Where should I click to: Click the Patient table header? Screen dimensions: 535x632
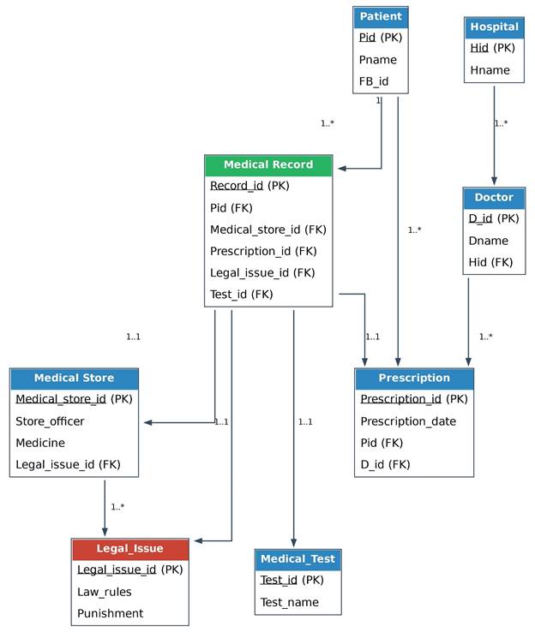pyautogui.click(x=381, y=17)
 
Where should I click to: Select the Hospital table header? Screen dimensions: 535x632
pyautogui.click(x=494, y=27)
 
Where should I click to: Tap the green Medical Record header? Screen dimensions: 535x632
pyautogui.click(x=268, y=165)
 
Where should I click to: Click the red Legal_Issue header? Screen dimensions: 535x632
pyautogui.click(x=130, y=549)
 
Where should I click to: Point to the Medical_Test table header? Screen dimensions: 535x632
pyautogui.click(x=298, y=559)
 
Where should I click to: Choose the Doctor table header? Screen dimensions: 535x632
pyautogui.click(x=494, y=198)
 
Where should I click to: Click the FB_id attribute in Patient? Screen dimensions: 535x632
pyautogui.click(x=374, y=81)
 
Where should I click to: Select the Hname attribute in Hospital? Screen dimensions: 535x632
pyautogui.click(x=490, y=70)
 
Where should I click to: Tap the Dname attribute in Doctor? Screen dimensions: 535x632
pyautogui.click(x=488, y=241)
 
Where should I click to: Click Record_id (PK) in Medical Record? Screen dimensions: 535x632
pyautogui.click(x=249, y=186)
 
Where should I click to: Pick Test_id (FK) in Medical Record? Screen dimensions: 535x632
pyautogui.click(x=241, y=295)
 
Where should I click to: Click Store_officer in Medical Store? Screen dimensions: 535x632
pyautogui.click(x=50, y=421)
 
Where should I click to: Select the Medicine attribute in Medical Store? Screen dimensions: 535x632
pyautogui.click(x=40, y=443)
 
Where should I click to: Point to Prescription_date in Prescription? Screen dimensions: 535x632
pyautogui.click(x=408, y=421)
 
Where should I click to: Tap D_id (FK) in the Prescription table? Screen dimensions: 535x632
pyautogui.click(x=385, y=464)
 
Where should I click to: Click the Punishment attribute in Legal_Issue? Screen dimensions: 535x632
pyautogui.click(x=110, y=613)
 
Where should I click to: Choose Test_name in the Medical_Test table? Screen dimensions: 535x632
pyautogui.click(x=289, y=602)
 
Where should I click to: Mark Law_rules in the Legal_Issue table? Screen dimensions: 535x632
pyautogui.click(x=105, y=592)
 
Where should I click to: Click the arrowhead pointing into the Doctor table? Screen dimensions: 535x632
pyautogui.click(x=494, y=181)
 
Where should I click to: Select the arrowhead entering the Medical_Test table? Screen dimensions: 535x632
pyautogui.click(x=293, y=543)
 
